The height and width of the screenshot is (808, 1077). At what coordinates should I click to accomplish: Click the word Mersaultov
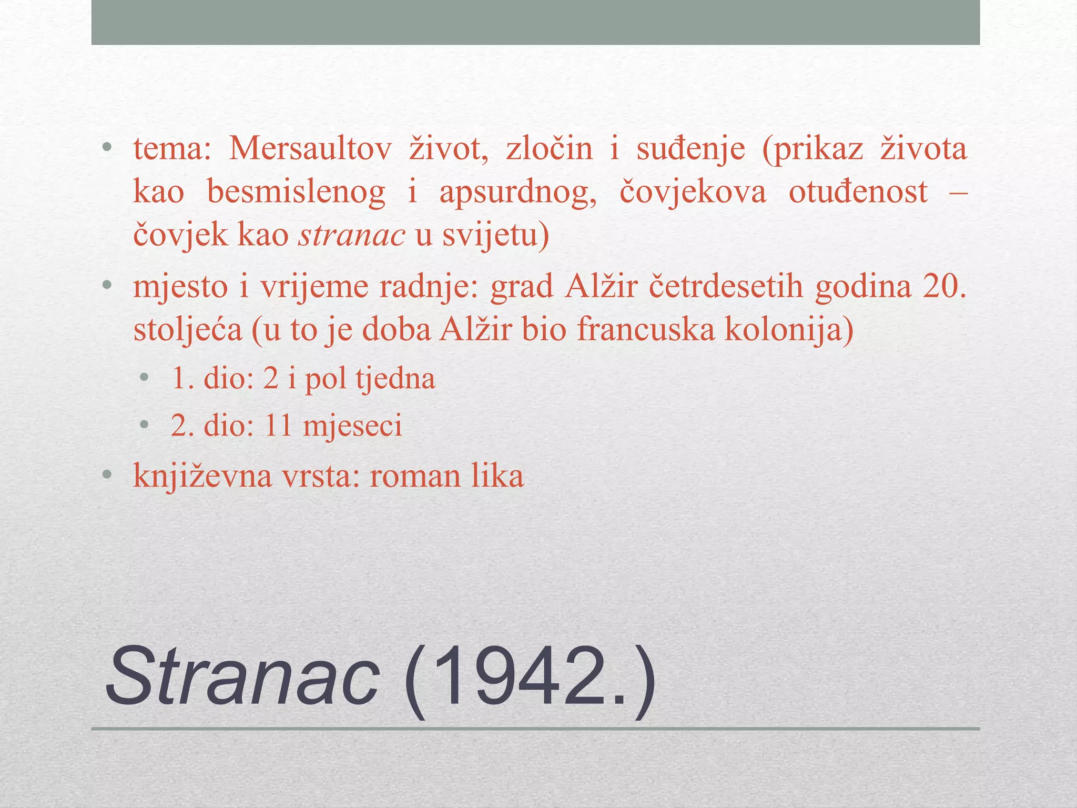point(310,149)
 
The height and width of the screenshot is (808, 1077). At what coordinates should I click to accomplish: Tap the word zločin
point(549,149)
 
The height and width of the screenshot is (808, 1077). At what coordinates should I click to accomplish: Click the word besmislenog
point(296,192)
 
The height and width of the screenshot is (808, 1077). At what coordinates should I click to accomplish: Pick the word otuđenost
point(858,191)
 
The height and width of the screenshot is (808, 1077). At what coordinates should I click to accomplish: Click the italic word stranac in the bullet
point(352,235)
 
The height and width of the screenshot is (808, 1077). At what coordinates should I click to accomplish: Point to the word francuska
point(646,330)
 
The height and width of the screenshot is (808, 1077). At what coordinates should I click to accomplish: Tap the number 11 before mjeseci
point(278,426)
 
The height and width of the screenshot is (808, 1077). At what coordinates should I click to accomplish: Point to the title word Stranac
point(242,678)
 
